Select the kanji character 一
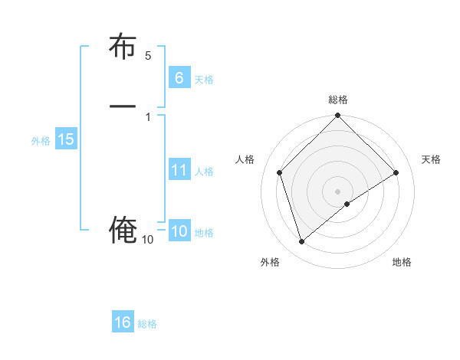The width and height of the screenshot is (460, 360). click(x=123, y=106)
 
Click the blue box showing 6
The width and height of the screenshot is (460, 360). click(x=179, y=77)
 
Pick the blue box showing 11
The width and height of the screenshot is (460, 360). click(x=179, y=169)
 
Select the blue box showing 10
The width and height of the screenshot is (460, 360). click(x=179, y=231)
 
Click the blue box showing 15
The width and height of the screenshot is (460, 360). click(x=65, y=139)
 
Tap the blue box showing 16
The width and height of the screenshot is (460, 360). click(x=123, y=322)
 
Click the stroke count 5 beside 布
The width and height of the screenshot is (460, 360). click(x=148, y=56)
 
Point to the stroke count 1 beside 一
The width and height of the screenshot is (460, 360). click(x=148, y=116)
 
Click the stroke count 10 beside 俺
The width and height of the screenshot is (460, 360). click(x=148, y=240)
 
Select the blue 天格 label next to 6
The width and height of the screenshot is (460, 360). click(x=204, y=80)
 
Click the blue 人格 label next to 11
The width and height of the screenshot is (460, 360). click(x=204, y=172)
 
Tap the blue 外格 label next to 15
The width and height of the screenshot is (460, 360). click(x=41, y=141)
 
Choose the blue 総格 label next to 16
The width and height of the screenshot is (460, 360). click(x=147, y=324)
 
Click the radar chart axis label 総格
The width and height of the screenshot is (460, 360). click(x=338, y=100)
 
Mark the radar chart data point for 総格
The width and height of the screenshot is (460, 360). click(x=338, y=116)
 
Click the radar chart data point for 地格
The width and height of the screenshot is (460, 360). click(x=347, y=204)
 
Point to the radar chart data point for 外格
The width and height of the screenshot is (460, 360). click(x=301, y=242)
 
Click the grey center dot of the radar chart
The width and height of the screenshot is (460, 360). click(x=338, y=191)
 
